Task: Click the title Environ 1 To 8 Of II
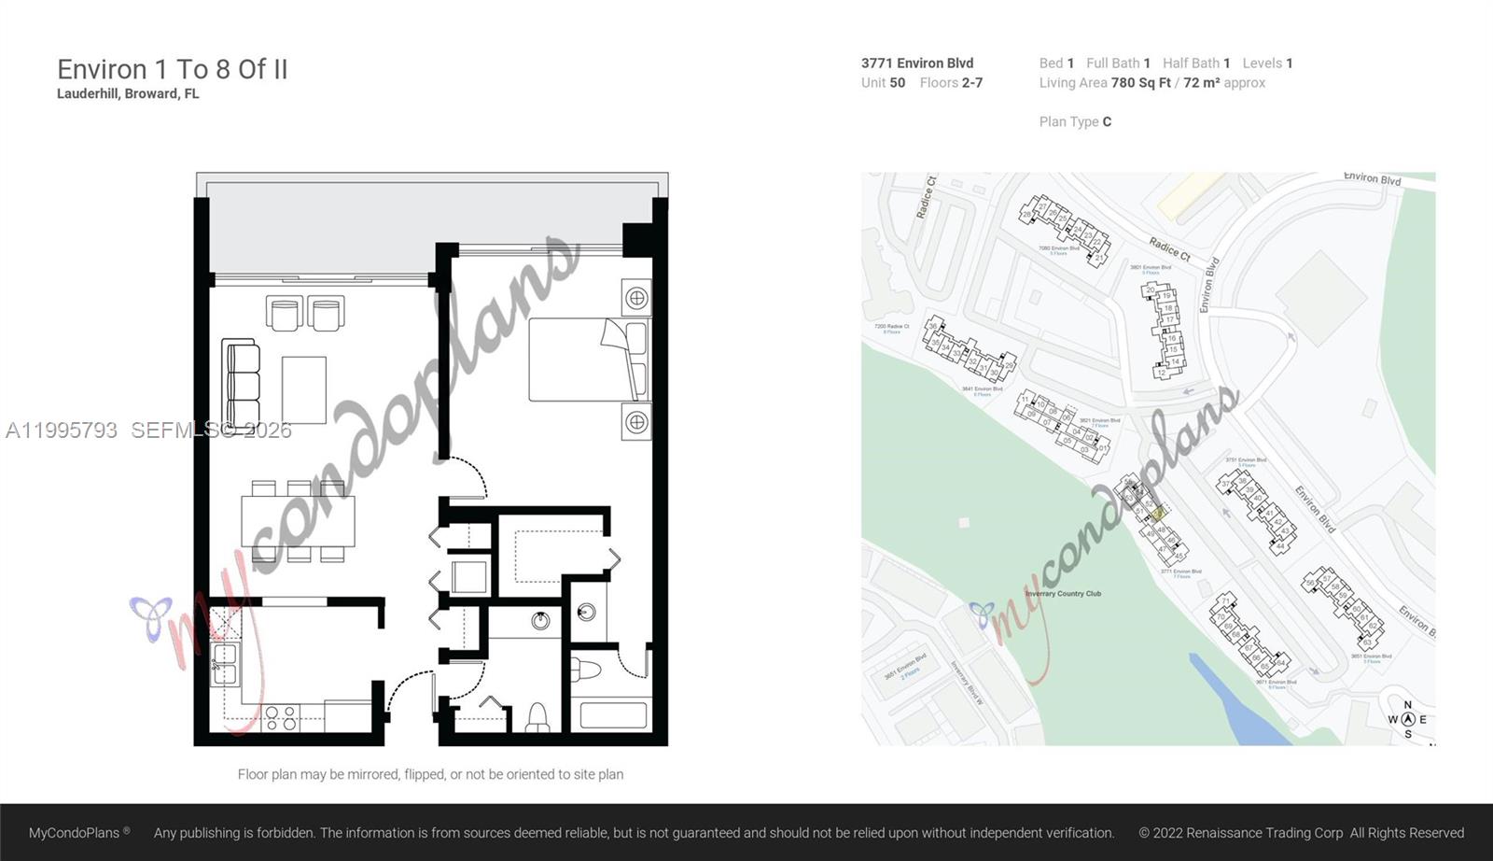pos(173,69)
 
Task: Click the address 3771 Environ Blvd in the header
pos(916,63)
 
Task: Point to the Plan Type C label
pos(1075,121)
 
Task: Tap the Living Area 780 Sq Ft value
pos(1140,82)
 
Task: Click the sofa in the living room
pos(241,384)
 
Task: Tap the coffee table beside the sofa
pos(304,389)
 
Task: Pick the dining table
pos(298,521)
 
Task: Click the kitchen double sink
pos(224,663)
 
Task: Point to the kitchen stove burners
pos(281,717)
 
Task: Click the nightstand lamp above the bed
pos(636,298)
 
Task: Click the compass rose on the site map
pos(1407,719)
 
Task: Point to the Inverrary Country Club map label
pos(1063,594)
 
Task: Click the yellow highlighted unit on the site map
pos(1158,514)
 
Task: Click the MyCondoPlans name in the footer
pos(75,833)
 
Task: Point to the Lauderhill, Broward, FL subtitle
pos(128,93)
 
